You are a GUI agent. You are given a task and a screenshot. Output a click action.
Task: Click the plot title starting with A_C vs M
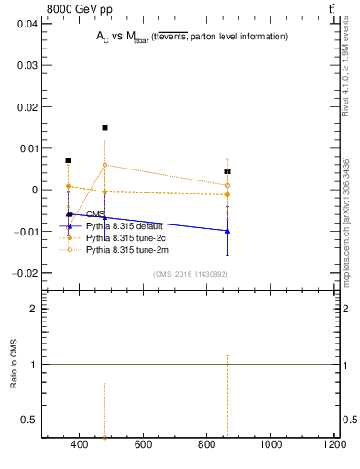(191, 37)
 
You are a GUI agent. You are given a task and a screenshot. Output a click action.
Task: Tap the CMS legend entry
(96, 214)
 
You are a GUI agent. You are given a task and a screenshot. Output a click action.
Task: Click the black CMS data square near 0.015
(104, 128)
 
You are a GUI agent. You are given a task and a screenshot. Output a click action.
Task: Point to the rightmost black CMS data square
(227, 171)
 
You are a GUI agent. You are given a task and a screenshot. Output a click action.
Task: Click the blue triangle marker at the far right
(227, 231)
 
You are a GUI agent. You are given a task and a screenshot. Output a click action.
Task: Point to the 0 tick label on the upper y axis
(32, 190)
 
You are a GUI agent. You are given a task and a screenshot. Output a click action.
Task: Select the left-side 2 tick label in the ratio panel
(33, 310)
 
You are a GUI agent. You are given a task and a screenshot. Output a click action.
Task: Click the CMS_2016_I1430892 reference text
(191, 274)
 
